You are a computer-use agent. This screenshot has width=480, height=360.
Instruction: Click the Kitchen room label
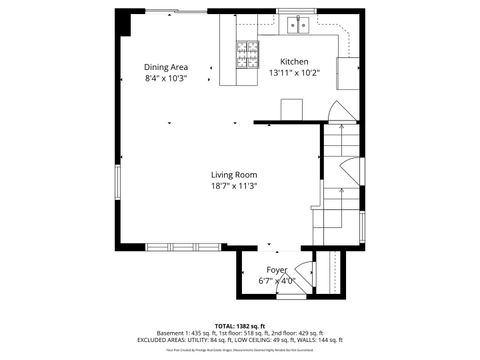[294, 61]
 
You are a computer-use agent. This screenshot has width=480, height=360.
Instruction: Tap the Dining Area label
[165, 67]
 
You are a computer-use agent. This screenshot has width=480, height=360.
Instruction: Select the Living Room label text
[234, 175]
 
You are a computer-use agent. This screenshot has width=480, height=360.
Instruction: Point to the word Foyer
[276, 270]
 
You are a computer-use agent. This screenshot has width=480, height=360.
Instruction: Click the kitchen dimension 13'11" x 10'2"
[294, 72]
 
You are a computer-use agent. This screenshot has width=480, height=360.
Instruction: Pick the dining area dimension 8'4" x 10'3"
[165, 78]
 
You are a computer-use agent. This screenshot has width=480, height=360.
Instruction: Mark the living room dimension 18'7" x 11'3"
[234, 186]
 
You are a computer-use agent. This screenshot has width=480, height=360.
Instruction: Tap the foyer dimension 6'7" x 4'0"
[276, 281]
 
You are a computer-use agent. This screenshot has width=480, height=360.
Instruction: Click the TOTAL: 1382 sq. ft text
[240, 326]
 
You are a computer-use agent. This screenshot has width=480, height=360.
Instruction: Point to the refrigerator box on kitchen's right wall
[347, 73]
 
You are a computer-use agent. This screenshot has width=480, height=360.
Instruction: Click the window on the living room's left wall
[117, 186]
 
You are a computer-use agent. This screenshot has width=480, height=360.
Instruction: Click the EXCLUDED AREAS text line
[240, 340]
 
